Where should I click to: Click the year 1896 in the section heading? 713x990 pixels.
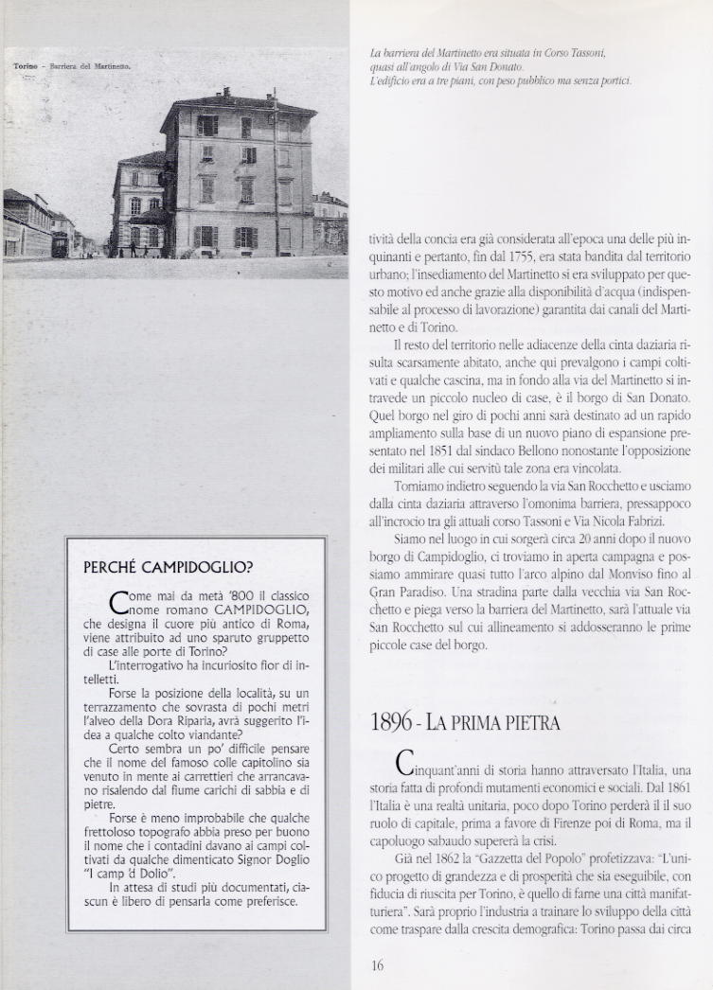pyautogui.click(x=394, y=723)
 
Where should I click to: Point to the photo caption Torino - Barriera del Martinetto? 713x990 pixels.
pyautogui.click(x=73, y=68)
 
